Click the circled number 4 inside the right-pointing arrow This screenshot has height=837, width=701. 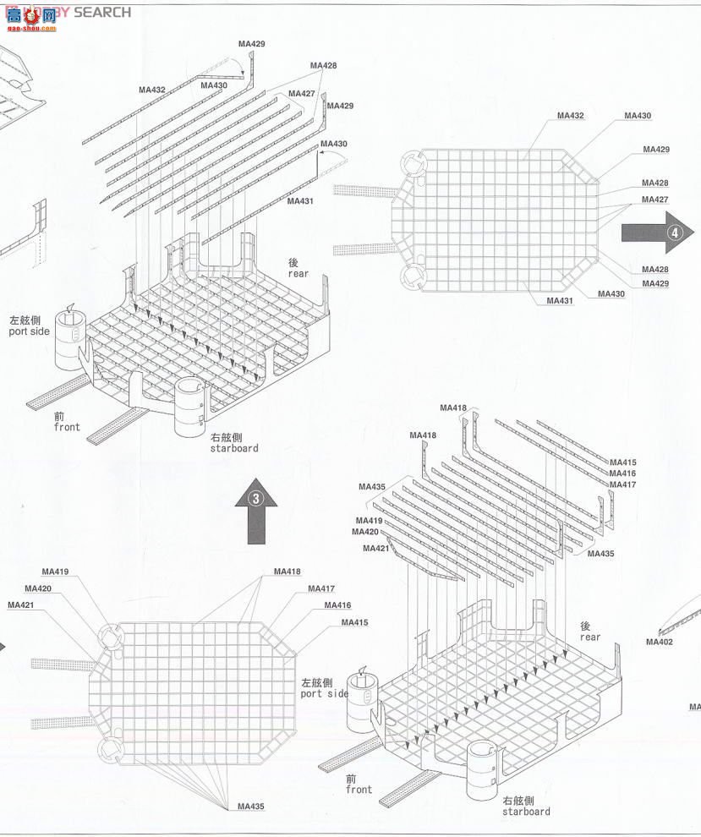tap(675, 232)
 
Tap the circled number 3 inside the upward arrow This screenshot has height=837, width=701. tap(261, 498)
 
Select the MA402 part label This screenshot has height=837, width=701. tap(660, 642)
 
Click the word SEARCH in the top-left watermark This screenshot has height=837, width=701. tap(102, 12)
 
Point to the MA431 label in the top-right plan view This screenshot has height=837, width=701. tap(560, 301)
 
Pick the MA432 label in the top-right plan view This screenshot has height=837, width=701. tap(571, 115)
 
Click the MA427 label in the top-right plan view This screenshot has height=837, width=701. tap(654, 200)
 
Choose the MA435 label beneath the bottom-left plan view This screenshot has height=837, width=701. tap(251, 807)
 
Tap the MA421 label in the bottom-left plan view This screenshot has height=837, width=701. tap(21, 604)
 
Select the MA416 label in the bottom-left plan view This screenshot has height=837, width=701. tap(337, 605)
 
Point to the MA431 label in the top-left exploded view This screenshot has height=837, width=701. tap(300, 201)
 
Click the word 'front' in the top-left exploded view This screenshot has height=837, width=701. tap(67, 427)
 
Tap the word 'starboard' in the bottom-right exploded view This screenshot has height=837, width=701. tap(526, 812)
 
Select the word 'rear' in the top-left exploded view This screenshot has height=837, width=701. tap(298, 273)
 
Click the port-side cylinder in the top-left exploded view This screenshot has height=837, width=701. tap(72, 339)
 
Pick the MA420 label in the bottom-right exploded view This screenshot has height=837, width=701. tap(365, 532)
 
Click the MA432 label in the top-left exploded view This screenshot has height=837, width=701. tap(152, 90)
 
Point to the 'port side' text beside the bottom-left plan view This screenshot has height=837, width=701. tap(325, 693)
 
